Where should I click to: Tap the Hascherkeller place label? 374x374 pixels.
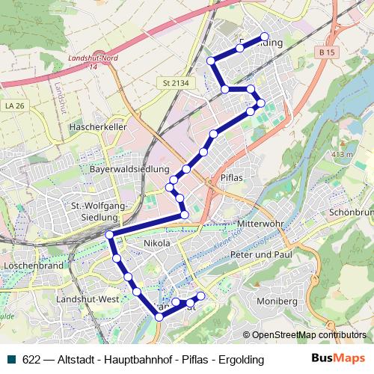click(x=97, y=128)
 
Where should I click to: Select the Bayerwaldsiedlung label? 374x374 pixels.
click(x=130, y=170)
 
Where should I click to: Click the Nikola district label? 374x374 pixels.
click(x=156, y=243)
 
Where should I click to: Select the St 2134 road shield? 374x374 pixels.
click(x=171, y=82)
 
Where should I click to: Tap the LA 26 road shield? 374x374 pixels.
click(x=14, y=106)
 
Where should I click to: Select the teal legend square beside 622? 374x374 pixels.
click(x=10, y=359)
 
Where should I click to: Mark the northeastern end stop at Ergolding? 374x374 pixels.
click(x=264, y=37)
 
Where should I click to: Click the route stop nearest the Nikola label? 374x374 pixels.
click(x=117, y=259)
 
